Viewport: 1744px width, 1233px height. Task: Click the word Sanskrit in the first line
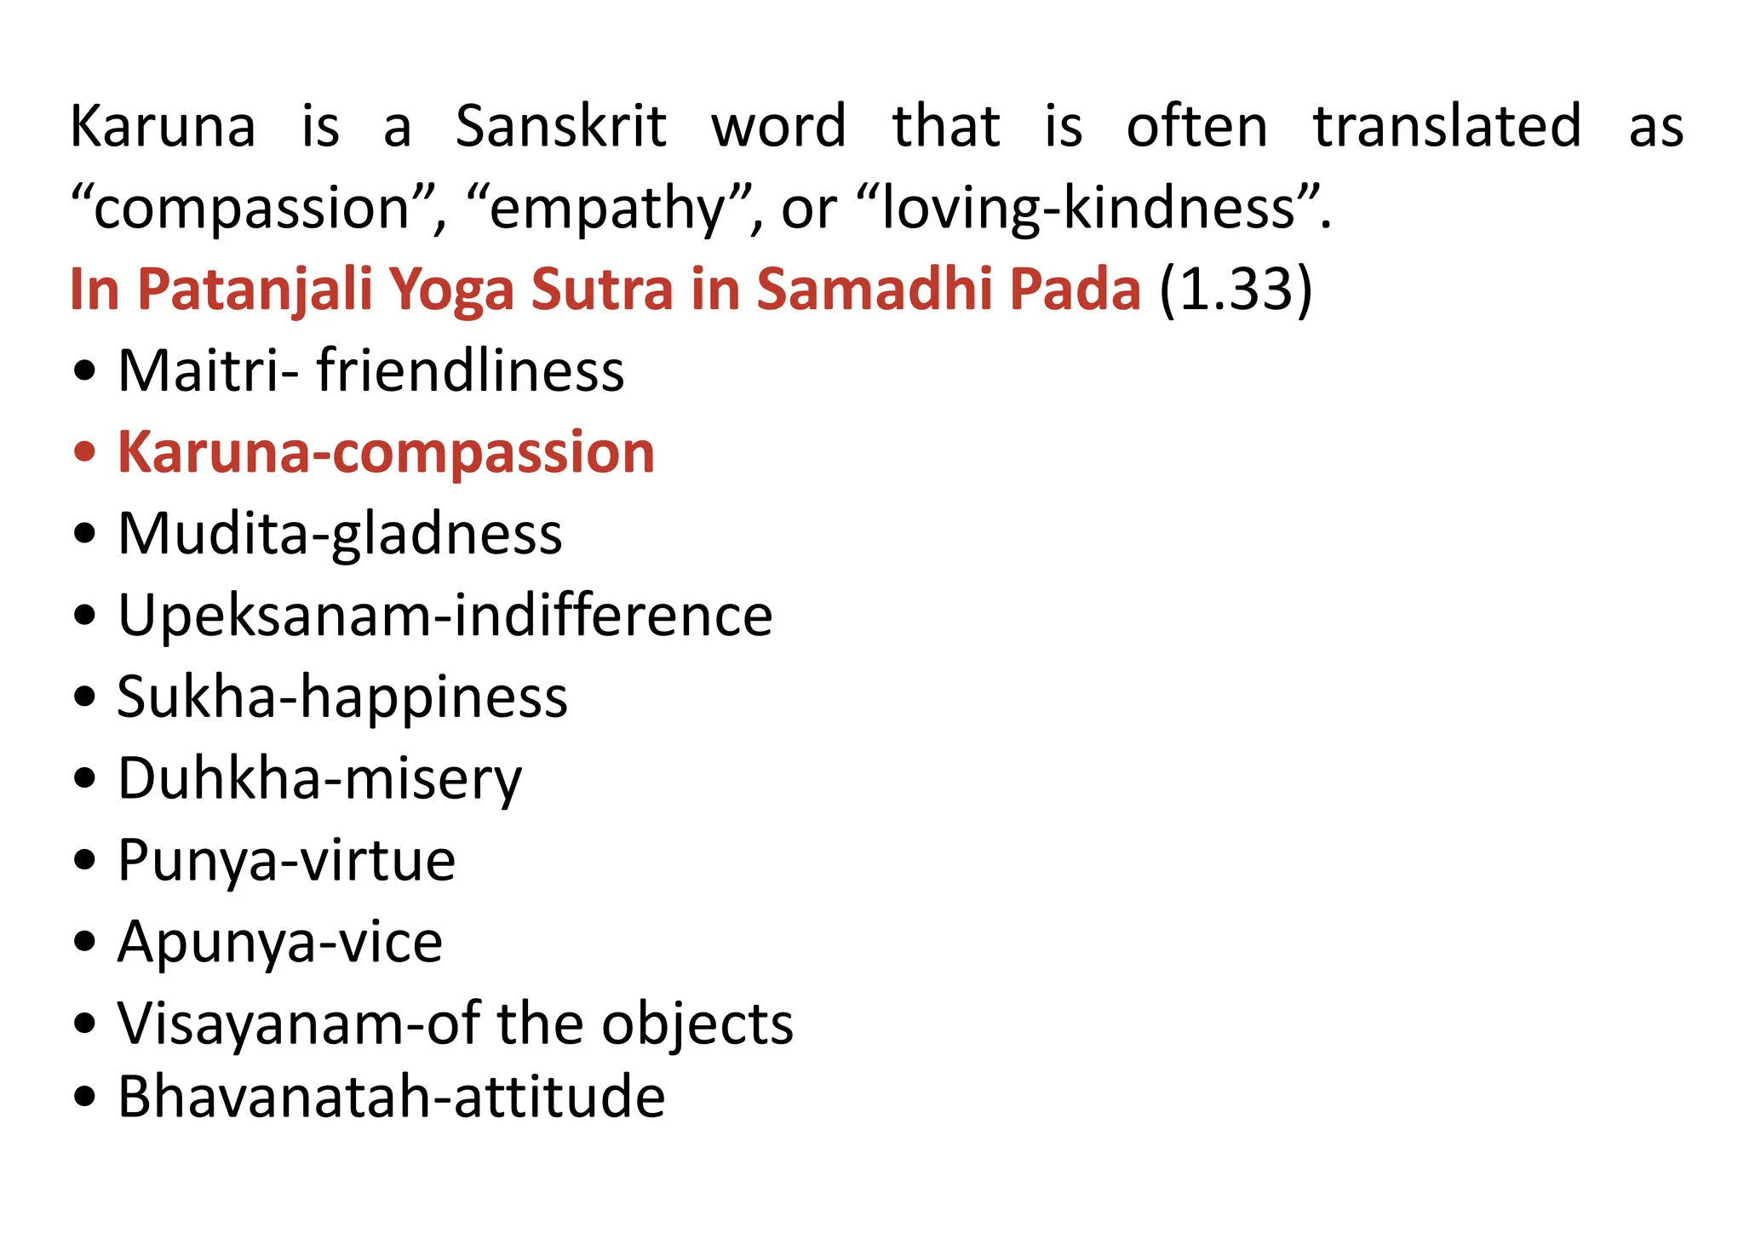[x=560, y=127]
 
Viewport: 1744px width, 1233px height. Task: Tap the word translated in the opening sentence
[x=1447, y=127]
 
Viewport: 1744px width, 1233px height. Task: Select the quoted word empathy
[x=606, y=209]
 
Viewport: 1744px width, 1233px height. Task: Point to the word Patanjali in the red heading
[x=255, y=290]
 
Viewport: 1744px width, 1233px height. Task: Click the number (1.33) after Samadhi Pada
[x=1236, y=290]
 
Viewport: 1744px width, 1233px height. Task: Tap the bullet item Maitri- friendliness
[x=370, y=371]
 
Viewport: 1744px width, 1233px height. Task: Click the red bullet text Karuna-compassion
[x=386, y=452]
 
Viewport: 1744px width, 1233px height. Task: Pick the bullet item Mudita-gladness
[x=340, y=534]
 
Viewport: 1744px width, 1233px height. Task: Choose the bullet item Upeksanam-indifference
[x=445, y=615]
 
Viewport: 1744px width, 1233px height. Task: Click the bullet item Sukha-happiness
[x=342, y=697]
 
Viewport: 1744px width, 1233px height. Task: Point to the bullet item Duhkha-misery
[x=319, y=778]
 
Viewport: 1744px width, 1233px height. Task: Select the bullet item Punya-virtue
[x=286, y=860]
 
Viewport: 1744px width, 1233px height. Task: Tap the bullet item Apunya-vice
[x=280, y=942]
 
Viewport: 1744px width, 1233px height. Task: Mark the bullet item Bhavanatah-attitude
[x=391, y=1097]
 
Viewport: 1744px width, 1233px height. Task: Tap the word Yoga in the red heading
[x=451, y=290]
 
